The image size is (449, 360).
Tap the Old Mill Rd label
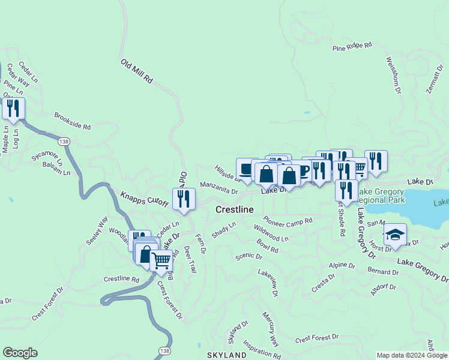click(137, 71)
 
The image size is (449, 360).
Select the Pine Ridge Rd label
click(352, 45)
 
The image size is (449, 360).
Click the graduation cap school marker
click(395, 235)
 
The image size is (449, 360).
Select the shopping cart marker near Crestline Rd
click(160, 261)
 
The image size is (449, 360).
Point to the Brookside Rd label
click(72, 122)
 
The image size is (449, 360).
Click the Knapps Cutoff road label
click(145, 200)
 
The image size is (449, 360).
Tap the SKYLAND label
click(227, 355)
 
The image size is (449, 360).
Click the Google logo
click(20, 353)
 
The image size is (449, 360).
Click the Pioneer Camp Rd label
click(288, 221)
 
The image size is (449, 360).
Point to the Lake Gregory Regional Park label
click(382, 196)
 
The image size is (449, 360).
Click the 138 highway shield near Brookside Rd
click(63, 142)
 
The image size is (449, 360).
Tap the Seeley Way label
click(97, 230)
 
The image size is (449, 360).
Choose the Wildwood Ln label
click(271, 233)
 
